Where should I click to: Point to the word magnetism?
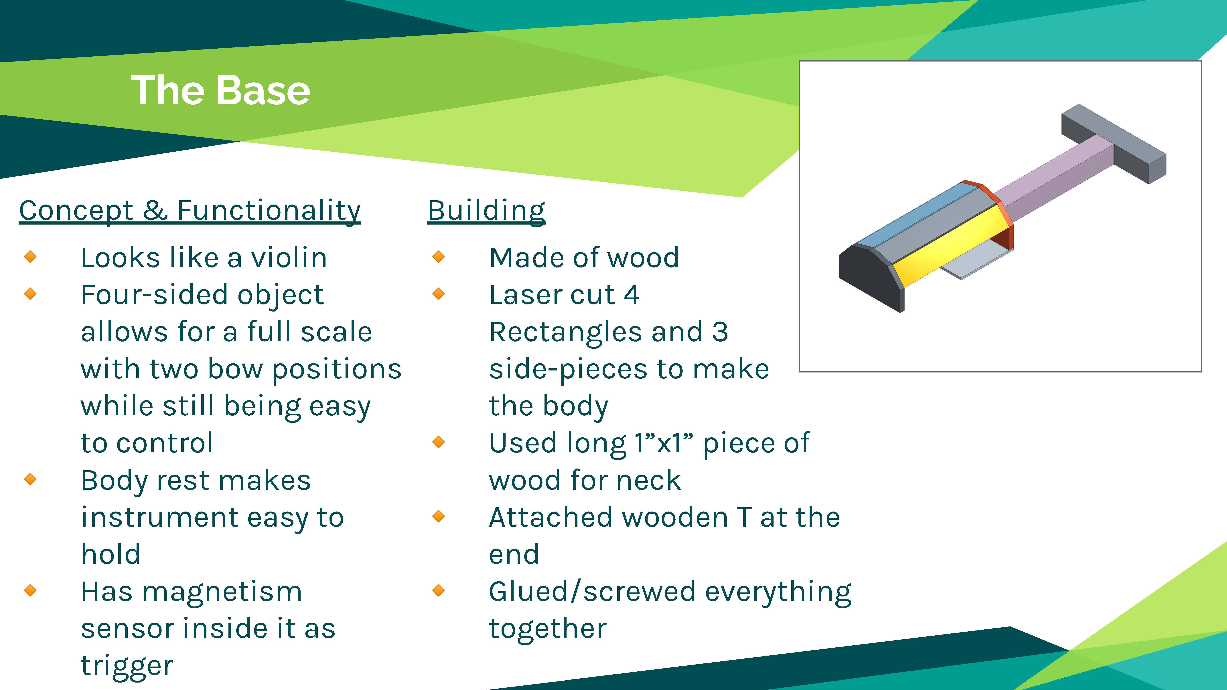click(222, 592)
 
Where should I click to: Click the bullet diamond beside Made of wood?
click(439, 257)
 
